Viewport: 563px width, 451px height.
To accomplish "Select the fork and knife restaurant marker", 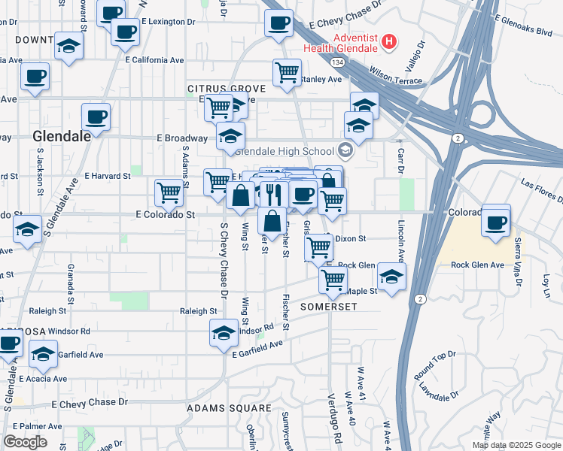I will (273, 194).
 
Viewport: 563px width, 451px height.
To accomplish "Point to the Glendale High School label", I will (288, 150).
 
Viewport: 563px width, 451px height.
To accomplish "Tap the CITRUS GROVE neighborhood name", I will (218, 89).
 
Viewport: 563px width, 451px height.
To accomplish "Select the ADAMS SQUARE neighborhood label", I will (229, 408).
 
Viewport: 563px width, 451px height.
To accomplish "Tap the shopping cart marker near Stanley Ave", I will (287, 74).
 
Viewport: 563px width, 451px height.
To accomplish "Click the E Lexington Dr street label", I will (169, 23).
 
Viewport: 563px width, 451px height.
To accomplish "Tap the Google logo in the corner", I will (25, 442).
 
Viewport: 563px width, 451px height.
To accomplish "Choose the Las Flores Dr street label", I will (540, 191).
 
